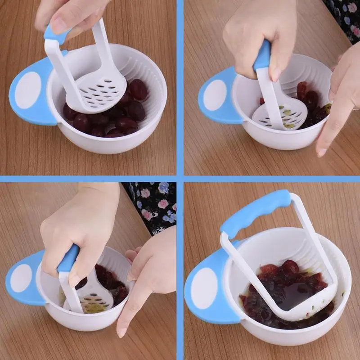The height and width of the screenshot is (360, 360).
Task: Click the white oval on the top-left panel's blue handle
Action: click(x=28, y=90)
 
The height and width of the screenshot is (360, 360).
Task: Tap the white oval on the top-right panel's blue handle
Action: click(x=215, y=95)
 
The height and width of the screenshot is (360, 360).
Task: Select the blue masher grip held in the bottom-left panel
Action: click(x=68, y=258)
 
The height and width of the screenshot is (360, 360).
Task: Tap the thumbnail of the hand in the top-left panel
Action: click(x=59, y=25)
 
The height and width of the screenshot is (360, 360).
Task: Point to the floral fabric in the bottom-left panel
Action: click(x=153, y=205)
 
